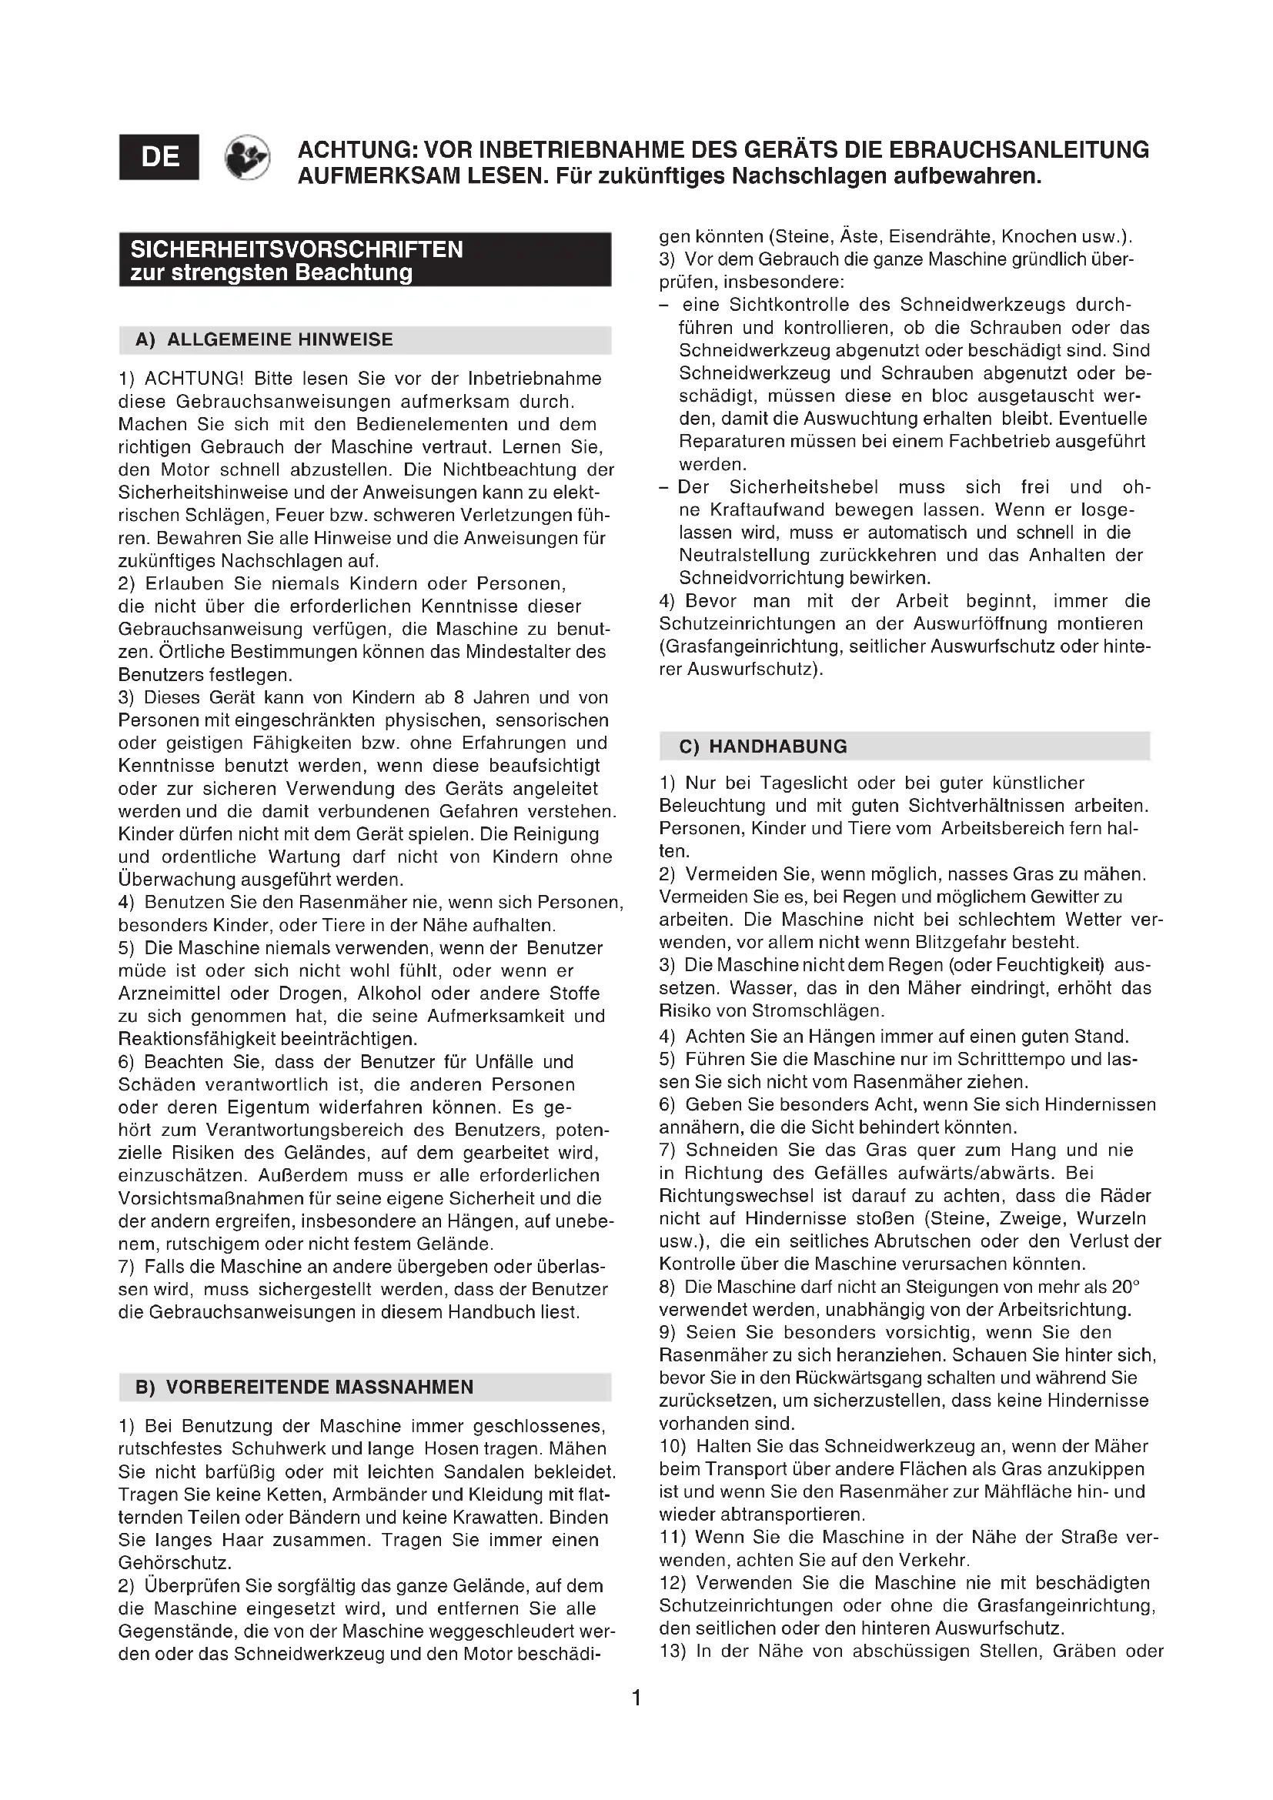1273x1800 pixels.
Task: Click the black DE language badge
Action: point(159,157)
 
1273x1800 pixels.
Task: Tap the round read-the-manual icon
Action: point(248,157)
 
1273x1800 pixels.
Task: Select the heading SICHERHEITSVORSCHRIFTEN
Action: point(297,249)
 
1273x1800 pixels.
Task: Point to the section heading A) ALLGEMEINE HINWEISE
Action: point(264,339)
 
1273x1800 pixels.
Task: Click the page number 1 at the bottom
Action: point(636,1699)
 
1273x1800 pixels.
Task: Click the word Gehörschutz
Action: point(174,1562)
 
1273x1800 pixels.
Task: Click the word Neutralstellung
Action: point(733,555)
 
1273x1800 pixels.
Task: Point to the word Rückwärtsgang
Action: point(862,1378)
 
